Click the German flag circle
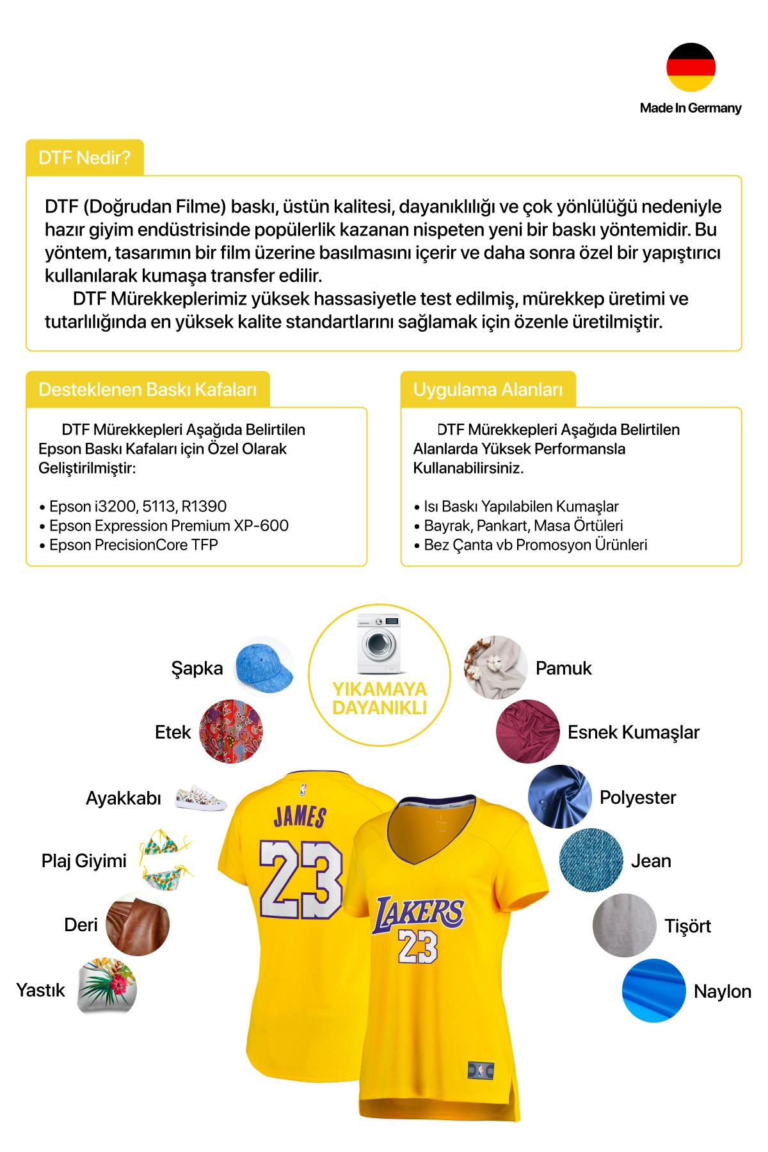pos(691,67)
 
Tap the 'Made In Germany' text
pos(691,108)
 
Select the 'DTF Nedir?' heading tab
pos(84,157)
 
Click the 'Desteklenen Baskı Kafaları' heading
pos(147,389)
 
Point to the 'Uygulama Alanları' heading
pos(488,389)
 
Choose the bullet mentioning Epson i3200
pos(138,506)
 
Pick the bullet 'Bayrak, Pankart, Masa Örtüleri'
pos(523,525)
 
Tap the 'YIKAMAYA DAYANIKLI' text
pos(379,698)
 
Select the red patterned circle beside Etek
pos(231,731)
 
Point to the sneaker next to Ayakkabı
pos(201,797)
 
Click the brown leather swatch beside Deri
pos(138,925)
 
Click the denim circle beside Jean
pos(591,861)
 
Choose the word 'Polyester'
pos(637,797)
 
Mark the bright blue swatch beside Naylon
pos(653,991)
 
